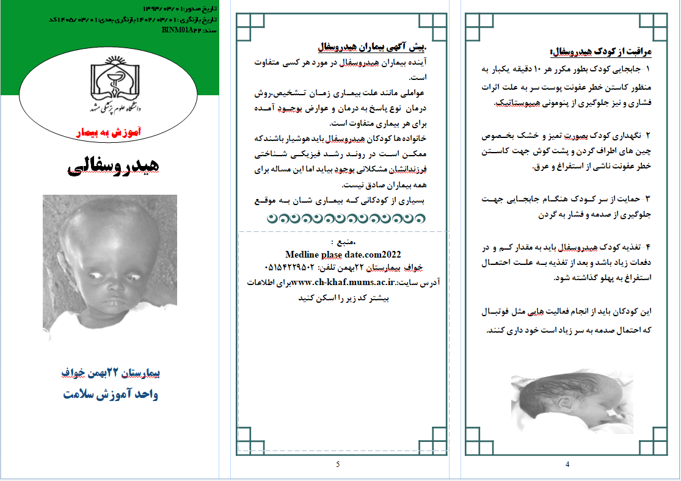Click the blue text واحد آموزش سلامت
point(111,394)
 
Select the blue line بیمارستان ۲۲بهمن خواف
point(111,372)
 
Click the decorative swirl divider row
point(346,218)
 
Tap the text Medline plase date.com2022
point(343,255)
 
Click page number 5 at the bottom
point(337,465)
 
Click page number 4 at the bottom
point(567,465)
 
